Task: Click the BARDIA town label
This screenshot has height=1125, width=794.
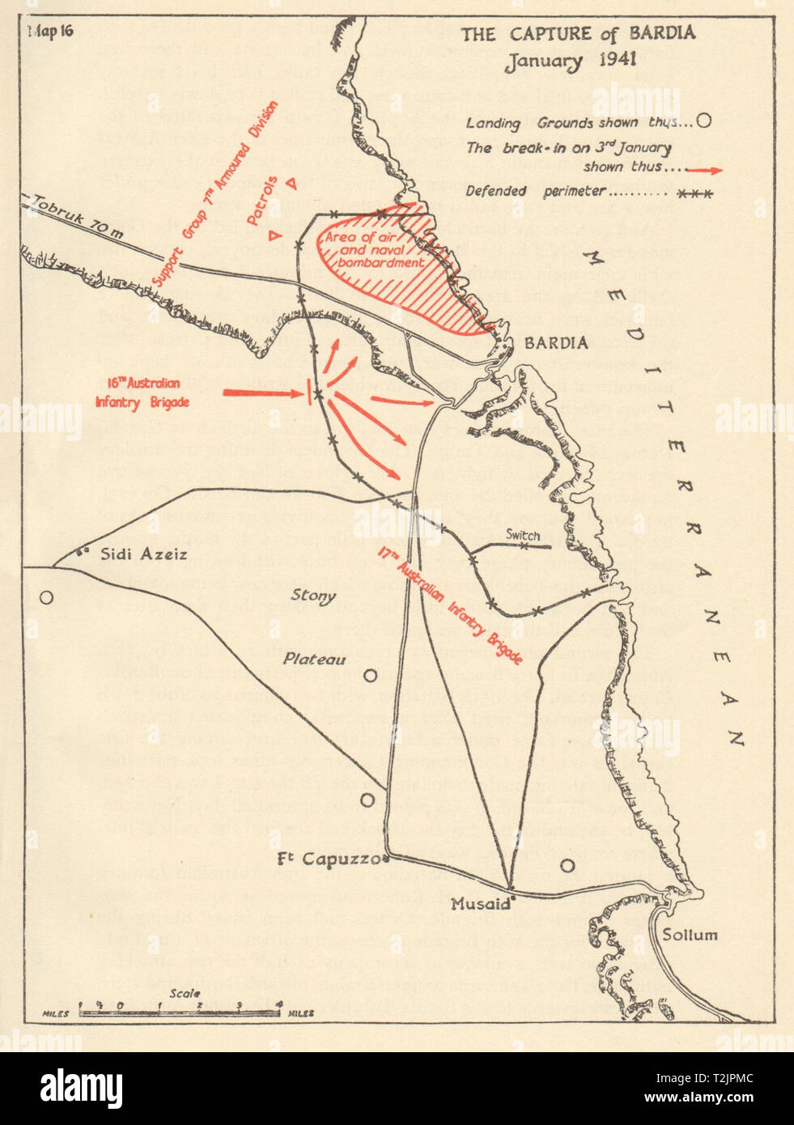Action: tap(556, 343)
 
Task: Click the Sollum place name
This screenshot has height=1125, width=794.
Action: tap(690, 935)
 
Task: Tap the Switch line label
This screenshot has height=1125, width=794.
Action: tap(522, 534)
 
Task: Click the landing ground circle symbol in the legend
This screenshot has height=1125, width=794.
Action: tap(703, 121)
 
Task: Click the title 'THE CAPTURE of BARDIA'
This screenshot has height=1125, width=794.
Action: tap(578, 33)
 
